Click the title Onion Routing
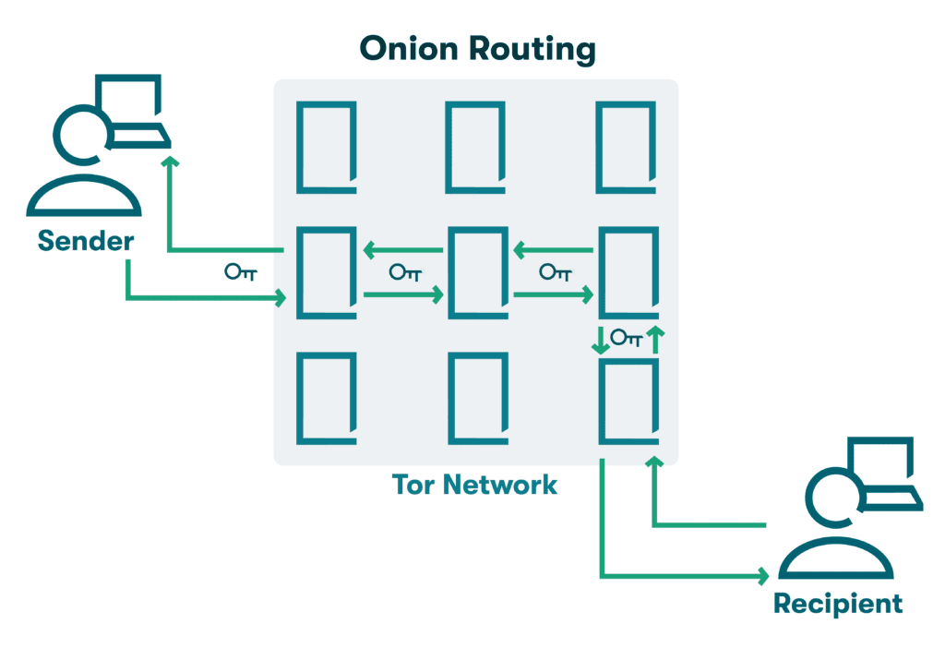(x=477, y=48)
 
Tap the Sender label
(x=86, y=242)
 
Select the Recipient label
(x=837, y=604)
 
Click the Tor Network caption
(x=474, y=484)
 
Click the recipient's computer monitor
(x=881, y=466)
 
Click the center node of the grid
(x=476, y=272)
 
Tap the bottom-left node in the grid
(x=326, y=399)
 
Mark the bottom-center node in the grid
(x=476, y=399)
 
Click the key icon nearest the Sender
(x=240, y=272)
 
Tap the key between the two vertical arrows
(x=627, y=339)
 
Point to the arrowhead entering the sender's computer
(x=168, y=162)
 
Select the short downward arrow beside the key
(x=601, y=340)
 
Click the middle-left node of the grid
(x=326, y=272)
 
